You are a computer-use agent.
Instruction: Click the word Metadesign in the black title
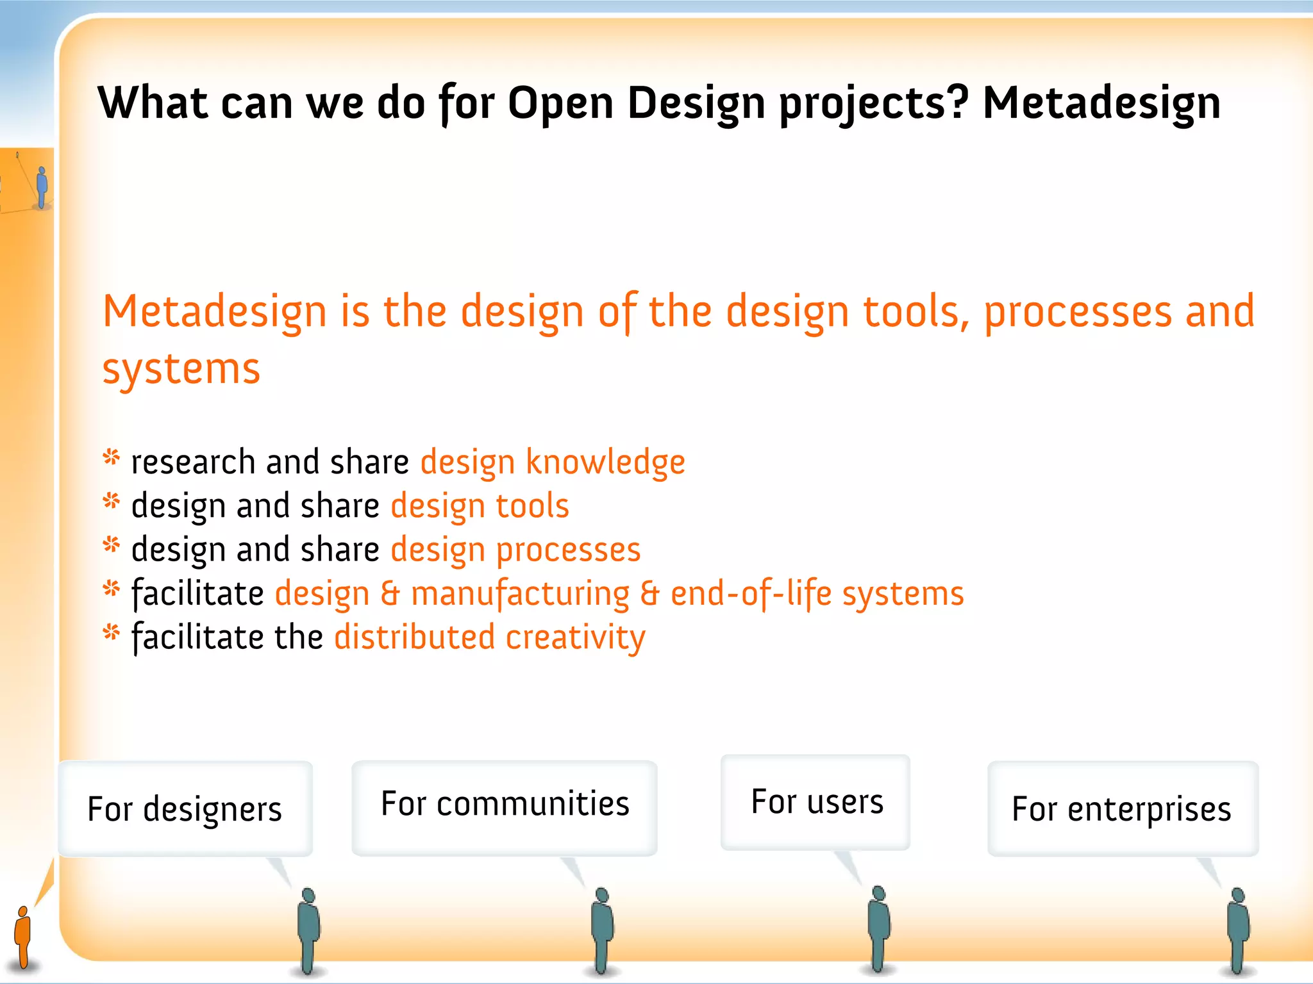click(x=1101, y=104)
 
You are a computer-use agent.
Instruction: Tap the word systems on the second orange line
click(x=181, y=370)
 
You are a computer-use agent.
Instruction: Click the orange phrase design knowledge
click(x=553, y=463)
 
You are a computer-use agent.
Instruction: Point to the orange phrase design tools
click(x=480, y=506)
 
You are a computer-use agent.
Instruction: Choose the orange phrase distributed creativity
click(x=490, y=638)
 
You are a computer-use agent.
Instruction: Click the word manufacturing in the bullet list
click(x=520, y=594)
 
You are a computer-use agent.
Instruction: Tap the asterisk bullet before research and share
click(x=112, y=458)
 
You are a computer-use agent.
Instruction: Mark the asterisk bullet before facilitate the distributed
click(x=112, y=634)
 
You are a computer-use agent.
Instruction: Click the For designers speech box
click(x=185, y=808)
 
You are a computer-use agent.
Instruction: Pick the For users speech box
click(x=816, y=802)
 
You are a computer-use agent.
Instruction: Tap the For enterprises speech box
click(x=1122, y=808)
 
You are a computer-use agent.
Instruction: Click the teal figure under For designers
click(x=309, y=928)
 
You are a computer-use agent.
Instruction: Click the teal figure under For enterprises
click(x=1237, y=928)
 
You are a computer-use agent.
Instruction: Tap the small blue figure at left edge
click(x=42, y=186)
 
